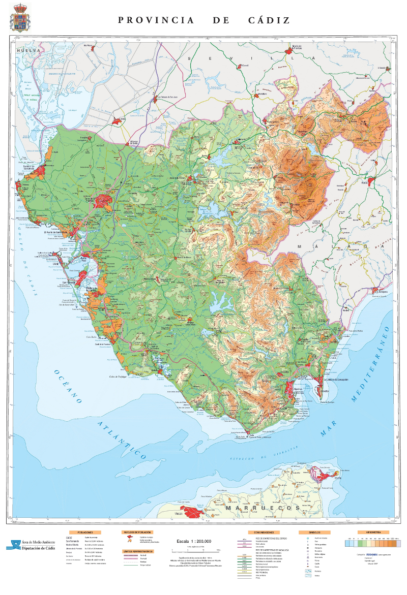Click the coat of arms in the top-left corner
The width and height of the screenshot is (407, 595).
coord(20,18)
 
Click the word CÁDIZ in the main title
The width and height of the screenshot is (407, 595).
coord(269,20)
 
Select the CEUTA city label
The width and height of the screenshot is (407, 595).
coord(337,478)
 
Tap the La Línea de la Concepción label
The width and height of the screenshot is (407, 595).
coord(338,379)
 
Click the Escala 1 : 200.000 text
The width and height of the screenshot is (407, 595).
coord(194,541)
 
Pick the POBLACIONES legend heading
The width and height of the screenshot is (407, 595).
coord(85,532)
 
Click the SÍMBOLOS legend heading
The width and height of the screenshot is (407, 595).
coord(322,532)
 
